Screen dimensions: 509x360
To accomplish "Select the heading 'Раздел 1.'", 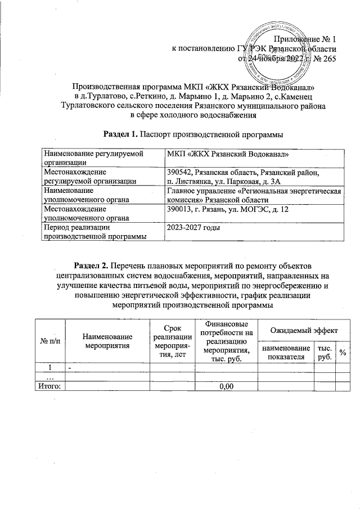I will tap(120, 134).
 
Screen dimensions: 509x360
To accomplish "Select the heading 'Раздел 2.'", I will tap(92, 265).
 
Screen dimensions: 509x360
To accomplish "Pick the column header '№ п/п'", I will tap(48, 341).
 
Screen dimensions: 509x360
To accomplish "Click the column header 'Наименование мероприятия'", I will tap(107, 341).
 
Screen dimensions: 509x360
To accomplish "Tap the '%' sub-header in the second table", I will tap(342, 352).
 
